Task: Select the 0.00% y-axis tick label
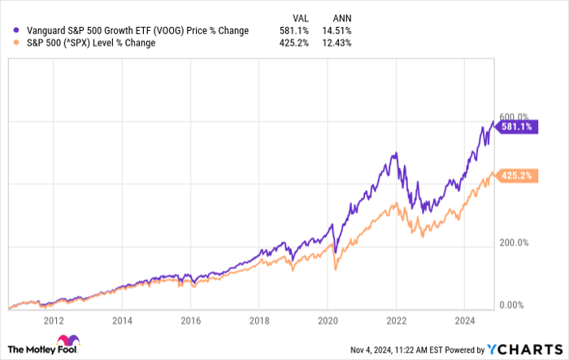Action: [x=513, y=305]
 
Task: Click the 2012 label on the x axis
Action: [x=54, y=320]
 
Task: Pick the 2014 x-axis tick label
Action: [x=123, y=320]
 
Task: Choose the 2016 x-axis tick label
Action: [x=190, y=320]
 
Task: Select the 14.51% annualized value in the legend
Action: [x=339, y=31]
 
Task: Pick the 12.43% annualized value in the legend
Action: [x=339, y=43]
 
